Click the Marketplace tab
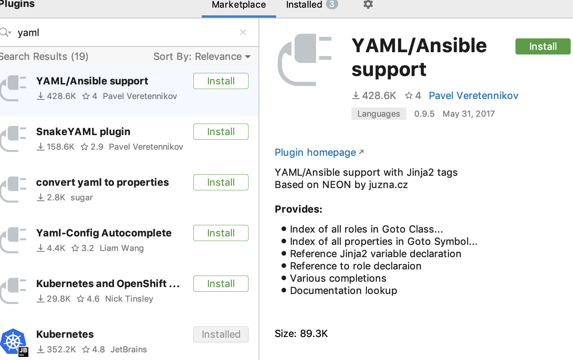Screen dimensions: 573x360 point(239,5)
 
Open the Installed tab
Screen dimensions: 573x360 point(304,5)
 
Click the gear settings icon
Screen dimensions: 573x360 point(368,4)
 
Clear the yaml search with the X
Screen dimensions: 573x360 point(243,32)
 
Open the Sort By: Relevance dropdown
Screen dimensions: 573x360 point(202,56)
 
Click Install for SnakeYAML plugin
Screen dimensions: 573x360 point(221,132)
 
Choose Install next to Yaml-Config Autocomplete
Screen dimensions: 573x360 point(221,233)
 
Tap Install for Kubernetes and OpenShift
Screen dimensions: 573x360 point(221,284)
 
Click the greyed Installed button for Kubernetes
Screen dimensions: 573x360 point(221,334)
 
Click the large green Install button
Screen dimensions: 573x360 point(543,46)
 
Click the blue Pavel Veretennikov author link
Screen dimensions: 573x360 point(473,96)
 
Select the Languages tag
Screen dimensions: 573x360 point(379,114)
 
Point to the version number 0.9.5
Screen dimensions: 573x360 point(424,114)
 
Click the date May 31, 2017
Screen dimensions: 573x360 point(468,114)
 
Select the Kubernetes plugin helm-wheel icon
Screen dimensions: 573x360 point(13,341)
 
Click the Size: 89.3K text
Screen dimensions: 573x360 point(301,334)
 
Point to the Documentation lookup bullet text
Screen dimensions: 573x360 point(343,291)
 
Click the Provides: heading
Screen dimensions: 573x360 point(298,209)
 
